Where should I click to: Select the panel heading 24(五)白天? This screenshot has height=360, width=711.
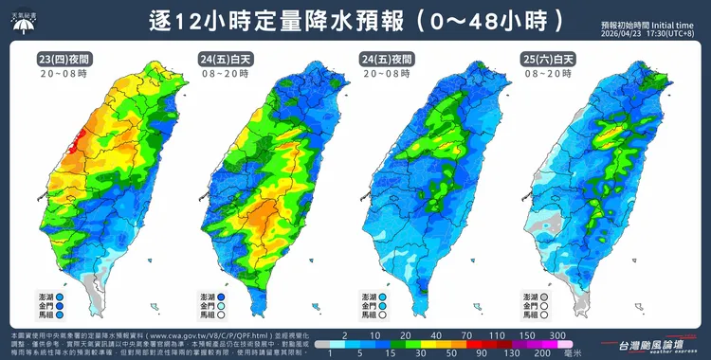pos(219,59)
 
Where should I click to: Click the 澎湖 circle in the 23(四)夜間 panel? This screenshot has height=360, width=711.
pos(60,297)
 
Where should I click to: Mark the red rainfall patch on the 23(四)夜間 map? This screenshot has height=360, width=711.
pos(78,138)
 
